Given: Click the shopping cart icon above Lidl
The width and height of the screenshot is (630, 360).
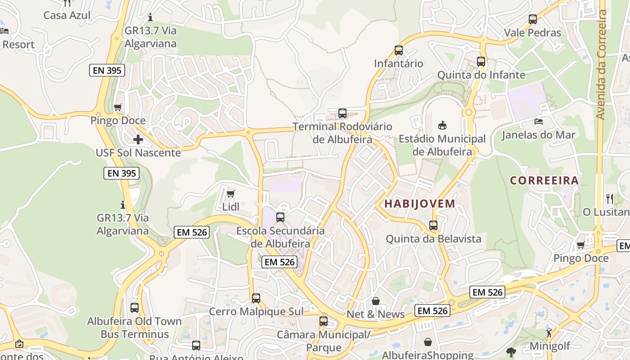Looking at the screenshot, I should [230, 193].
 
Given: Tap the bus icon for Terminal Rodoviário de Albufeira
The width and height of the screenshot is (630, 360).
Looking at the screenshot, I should [342, 113].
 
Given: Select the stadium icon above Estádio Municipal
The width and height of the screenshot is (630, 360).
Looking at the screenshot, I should [442, 125].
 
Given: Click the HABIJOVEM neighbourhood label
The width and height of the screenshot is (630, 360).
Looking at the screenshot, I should [419, 204].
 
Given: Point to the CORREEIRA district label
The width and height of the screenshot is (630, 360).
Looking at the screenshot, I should [544, 181].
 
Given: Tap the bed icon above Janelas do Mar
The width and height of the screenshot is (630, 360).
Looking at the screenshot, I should [538, 121].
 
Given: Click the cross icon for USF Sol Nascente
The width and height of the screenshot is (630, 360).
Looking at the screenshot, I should [138, 139].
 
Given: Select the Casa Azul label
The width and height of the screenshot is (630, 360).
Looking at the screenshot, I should [67, 15].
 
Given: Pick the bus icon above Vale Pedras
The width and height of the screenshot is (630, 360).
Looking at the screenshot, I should [533, 19].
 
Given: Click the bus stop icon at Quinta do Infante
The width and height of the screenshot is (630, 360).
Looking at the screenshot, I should [481, 62].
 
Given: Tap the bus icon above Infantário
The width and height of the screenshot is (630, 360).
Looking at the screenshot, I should [398, 50].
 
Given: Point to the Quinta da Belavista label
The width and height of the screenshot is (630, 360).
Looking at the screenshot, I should [433, 239].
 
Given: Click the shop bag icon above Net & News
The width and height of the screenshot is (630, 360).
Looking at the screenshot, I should [376, 301].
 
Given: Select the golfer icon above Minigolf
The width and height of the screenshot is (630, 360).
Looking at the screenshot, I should [549, 333].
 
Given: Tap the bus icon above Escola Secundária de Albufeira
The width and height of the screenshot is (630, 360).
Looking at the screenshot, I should [280, 217].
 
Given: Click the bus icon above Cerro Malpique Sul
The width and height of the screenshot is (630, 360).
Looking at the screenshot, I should [256, 298].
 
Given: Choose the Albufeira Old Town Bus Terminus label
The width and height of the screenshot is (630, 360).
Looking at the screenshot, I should [135, 328].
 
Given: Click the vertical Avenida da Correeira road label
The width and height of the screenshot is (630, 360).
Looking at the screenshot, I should [601, 63].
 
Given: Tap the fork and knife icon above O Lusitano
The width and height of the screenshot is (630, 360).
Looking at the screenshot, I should [610, 198].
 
